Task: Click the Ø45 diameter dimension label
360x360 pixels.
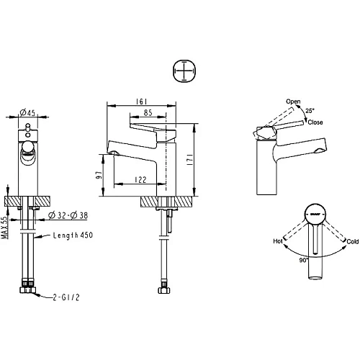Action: tap(27, 112)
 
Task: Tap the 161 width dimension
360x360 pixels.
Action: tap(141, 102)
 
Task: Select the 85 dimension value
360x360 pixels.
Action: tap(148, 112)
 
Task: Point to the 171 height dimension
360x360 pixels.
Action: tap(190, 159)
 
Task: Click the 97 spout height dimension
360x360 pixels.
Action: tap(99, 175)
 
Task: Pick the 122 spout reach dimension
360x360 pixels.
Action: tap(140, 180)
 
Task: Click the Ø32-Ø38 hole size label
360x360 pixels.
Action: tap(68, 215)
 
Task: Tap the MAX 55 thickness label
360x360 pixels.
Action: tap(5, 228)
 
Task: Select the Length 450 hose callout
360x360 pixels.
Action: tap(73, 235)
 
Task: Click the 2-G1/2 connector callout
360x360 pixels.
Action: tap(66, 297)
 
